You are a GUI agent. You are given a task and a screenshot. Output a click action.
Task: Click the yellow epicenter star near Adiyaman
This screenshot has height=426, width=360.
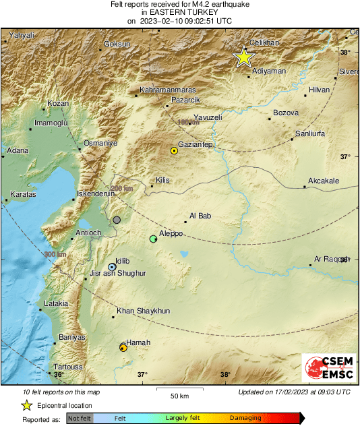243,57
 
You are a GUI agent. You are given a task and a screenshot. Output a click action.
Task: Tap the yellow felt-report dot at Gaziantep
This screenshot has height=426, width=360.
174,151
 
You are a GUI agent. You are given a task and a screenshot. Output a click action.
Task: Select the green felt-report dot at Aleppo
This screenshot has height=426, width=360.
154,239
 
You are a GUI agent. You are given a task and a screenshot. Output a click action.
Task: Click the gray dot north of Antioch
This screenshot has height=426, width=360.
117,220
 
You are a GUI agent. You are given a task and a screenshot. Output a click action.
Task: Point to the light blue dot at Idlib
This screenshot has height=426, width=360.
112,267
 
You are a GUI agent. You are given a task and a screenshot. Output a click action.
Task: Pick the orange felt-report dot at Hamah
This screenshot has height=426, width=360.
123,347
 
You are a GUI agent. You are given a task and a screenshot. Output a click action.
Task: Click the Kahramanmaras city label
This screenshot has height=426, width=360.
167,90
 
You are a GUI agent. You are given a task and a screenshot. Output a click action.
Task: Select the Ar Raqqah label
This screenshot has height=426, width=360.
330,259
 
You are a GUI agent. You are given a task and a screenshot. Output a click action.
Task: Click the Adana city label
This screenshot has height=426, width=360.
17,150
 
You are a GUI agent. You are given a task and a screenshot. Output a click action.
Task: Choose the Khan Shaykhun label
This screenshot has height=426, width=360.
143,311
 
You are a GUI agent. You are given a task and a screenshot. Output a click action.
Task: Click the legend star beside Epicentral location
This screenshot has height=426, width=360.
26,405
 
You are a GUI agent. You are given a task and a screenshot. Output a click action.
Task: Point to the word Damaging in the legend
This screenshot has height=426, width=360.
245,418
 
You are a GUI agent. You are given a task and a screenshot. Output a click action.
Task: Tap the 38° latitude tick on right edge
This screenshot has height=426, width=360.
345,52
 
